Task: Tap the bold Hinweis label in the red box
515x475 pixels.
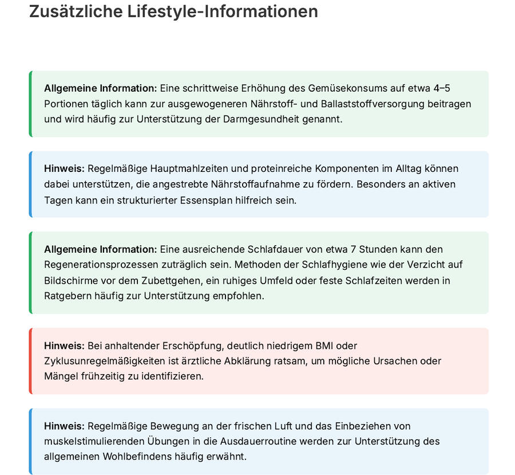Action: [64, 346]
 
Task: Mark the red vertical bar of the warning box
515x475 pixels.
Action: [30, 361]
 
